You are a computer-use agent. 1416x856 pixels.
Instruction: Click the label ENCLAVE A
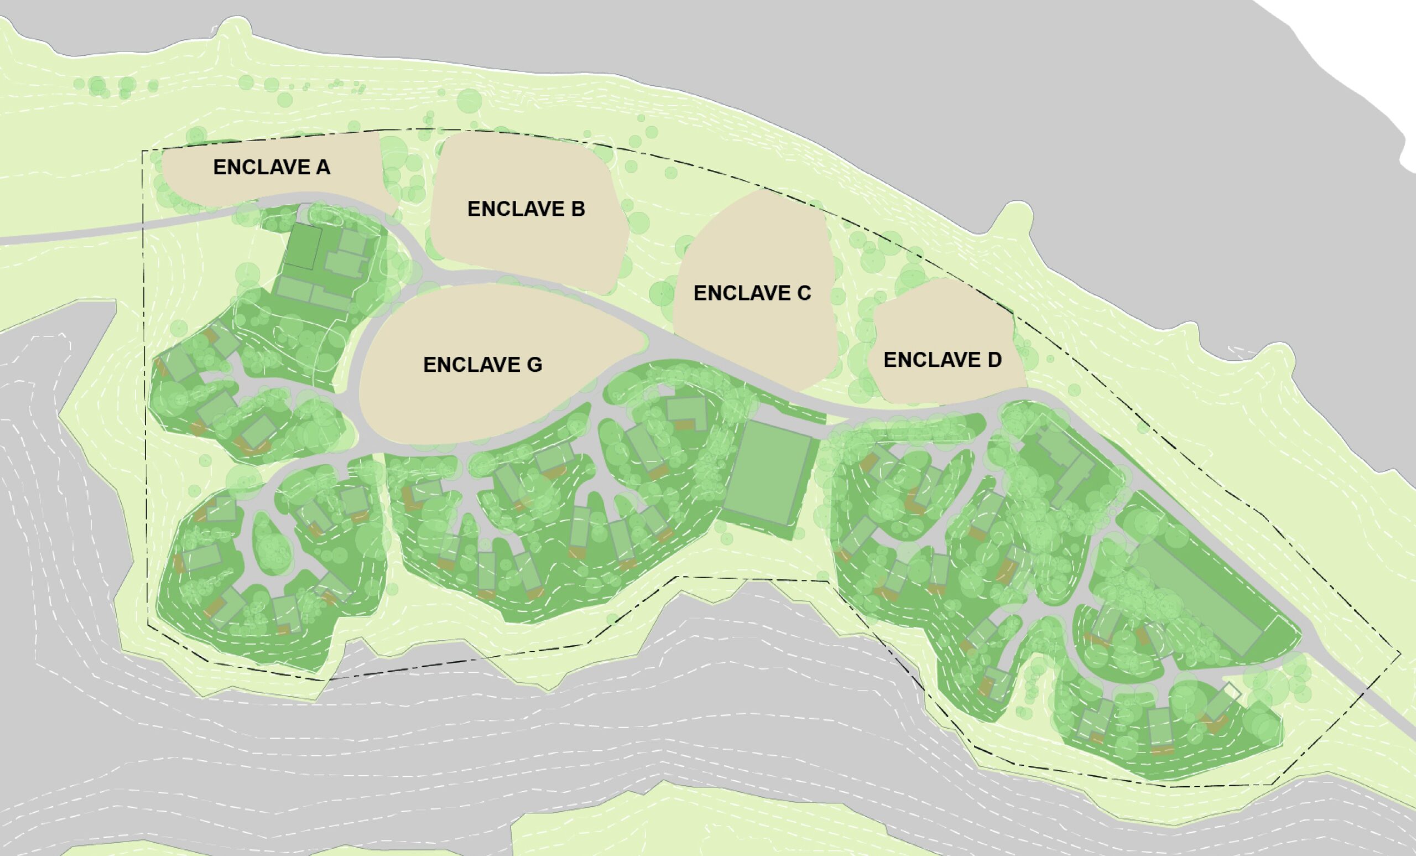point(271,167)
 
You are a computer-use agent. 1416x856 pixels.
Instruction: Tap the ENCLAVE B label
point(526,209)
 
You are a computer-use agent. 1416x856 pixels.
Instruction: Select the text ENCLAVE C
point(752,293)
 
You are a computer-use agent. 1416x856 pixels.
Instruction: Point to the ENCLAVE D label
point(942,360)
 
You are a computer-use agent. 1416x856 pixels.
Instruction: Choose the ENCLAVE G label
point(482,365)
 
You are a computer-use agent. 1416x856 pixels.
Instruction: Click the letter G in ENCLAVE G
point(534,365)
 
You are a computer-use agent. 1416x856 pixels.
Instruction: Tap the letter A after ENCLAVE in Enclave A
point(322,167)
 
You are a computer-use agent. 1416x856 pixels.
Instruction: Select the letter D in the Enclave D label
point(993,360)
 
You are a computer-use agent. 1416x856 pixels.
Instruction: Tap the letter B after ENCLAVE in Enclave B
point(577,209)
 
